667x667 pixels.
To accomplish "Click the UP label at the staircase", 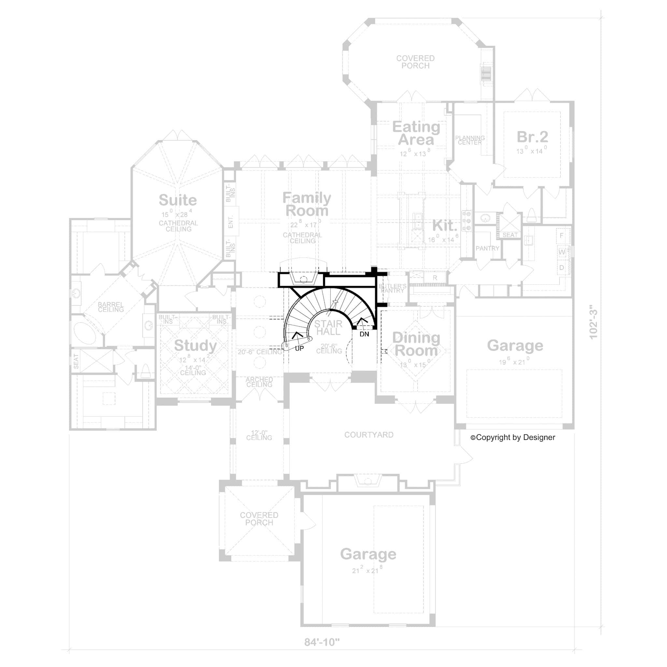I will coord(299,348).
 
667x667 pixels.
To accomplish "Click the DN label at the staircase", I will coord(364,334).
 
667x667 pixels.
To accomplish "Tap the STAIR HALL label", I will coord(328,328).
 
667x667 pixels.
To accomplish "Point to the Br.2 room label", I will coord(532,137).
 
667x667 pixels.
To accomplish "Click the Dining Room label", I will coord(416,344).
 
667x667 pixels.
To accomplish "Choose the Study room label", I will coord(195,345).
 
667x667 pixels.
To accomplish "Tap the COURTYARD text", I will coord(369,435).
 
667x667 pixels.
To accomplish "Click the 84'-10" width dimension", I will coord(322,642).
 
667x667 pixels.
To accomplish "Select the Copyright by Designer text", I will coord(513,437).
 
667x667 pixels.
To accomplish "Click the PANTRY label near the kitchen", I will coord(487,248).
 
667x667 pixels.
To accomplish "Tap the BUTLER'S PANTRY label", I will coord(392,288).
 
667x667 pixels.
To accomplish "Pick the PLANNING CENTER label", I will coord(470,140).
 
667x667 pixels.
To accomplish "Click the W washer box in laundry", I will coord(562,252).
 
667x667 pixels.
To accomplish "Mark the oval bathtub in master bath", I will coord(85,333).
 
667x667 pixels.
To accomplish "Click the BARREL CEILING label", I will coord(110,307).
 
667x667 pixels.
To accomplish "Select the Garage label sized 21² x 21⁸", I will coord(368,554).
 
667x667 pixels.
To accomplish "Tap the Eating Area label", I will coord(416,133).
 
